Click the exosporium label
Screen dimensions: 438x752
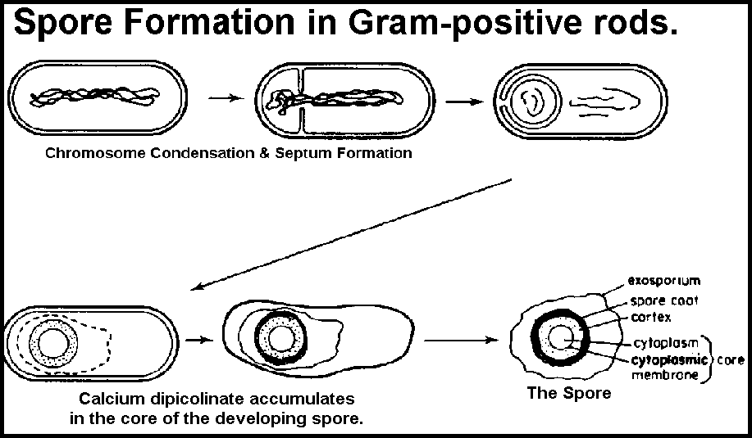coord(663,281)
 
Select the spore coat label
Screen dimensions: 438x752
coord(663,300)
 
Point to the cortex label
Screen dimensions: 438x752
coord(653,316)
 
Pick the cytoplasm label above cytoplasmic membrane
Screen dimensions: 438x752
coord(664,342)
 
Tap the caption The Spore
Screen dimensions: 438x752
coord(568,393)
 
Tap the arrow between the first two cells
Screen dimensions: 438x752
coord(223,98)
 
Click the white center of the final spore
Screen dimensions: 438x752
coord(563,337)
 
